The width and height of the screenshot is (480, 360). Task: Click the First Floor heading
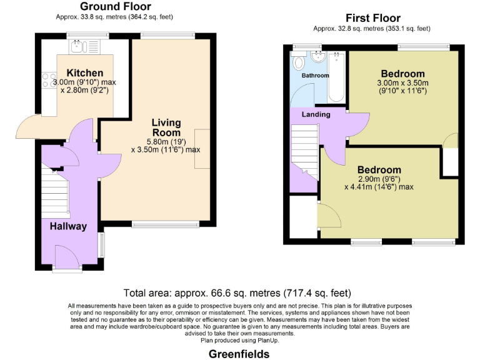pos(373,18)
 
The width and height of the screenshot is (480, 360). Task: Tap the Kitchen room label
pos(85,73)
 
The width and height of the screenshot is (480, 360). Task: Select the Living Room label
pos(166,127)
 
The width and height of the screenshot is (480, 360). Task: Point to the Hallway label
pos(68,226)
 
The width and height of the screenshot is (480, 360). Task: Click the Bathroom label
pos(315,76)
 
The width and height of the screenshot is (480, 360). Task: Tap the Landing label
pos(316,115)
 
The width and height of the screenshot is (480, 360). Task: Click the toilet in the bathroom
pos(299,62)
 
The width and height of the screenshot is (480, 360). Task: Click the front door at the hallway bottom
pos(66,259)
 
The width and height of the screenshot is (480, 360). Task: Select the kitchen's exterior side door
pos(28,128)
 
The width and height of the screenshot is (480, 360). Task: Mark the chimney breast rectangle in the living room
pos(202,149)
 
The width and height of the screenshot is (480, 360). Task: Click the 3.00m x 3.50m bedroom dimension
pos(402,82)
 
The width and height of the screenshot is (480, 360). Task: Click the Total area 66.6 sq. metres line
pos(237,292)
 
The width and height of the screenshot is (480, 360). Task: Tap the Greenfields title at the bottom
pos(239,354)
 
